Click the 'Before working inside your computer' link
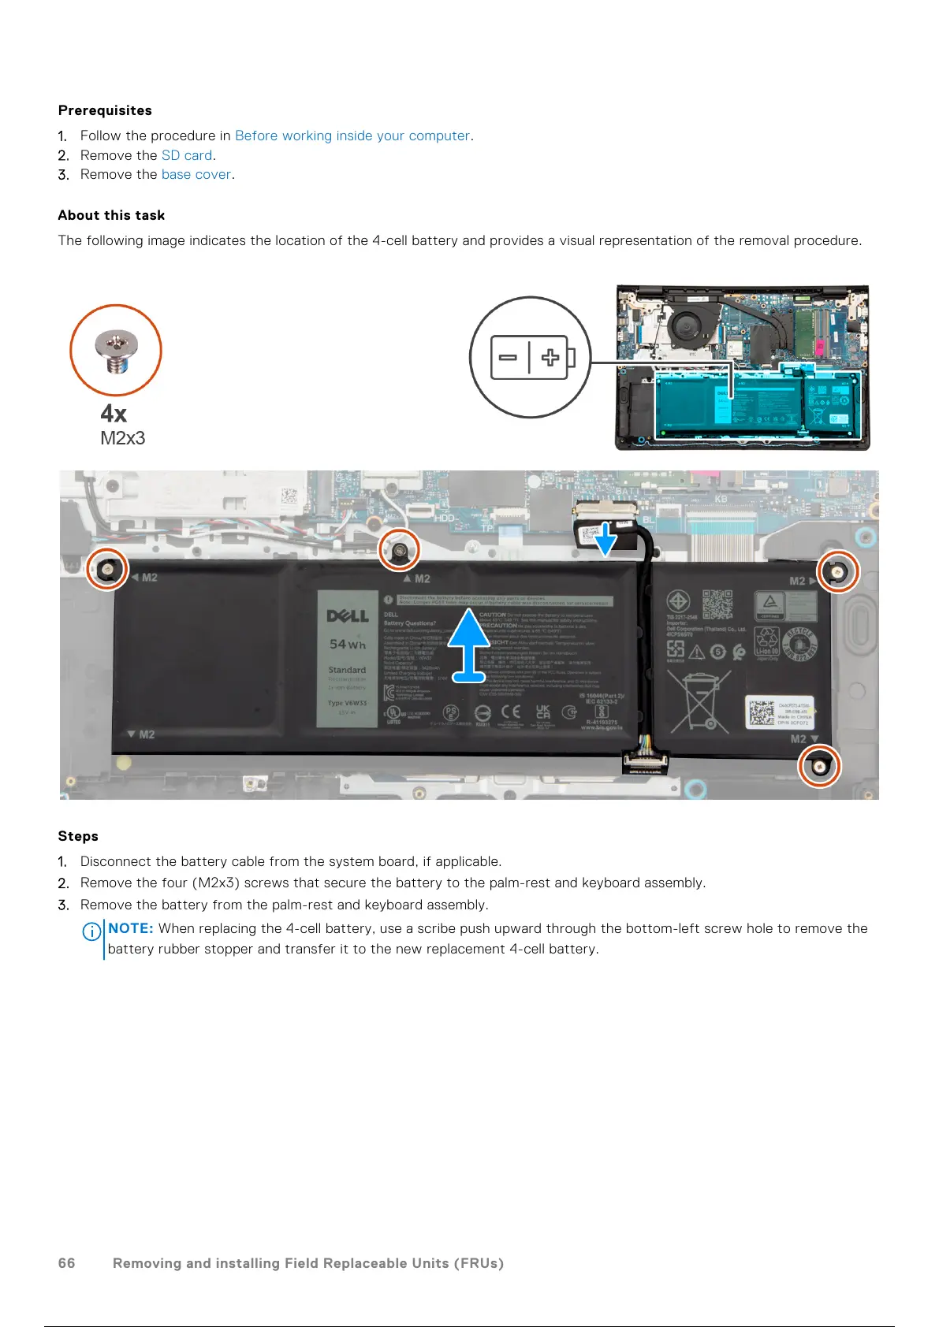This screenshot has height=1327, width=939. pyautogui.click(x=352, y=136)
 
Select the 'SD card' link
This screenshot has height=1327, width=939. pyautogui.click(x=187, y=155)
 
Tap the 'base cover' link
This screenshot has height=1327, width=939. pyautogui.click(x=196, y=174)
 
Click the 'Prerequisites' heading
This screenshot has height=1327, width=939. pyautogui.click(x=105, y=110)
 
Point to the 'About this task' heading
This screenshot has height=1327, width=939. pyautogui.click(x=111, y=215)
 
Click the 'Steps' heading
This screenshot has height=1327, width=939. pyautogui.click(x=78, y=836)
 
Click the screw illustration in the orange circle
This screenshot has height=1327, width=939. pyautogui.click(x=116, y=351)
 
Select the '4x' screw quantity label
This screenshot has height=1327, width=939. pyautogui.click(x=114, y=414)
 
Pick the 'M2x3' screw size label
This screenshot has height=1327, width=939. pyautogui.click(x=122, y=438)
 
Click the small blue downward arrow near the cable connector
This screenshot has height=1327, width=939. pyautogui.click(x=606, y=539)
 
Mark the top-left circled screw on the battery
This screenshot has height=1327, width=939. pyautogui.click(x=106, y=568)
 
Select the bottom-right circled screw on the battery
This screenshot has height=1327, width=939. pyautogui.click(x=819, y=765)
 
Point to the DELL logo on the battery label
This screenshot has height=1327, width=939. pyautogui.click(x=348, y=615)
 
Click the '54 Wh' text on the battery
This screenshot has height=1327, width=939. pyautogui.click(x=348, y=644)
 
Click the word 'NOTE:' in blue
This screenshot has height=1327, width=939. pyautogui.click(x=131, y=928)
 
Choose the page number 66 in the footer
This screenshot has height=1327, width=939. pyautogui.click(x=67, y=1263)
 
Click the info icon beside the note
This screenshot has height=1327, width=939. pyautogui.click(x=91, y=931)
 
